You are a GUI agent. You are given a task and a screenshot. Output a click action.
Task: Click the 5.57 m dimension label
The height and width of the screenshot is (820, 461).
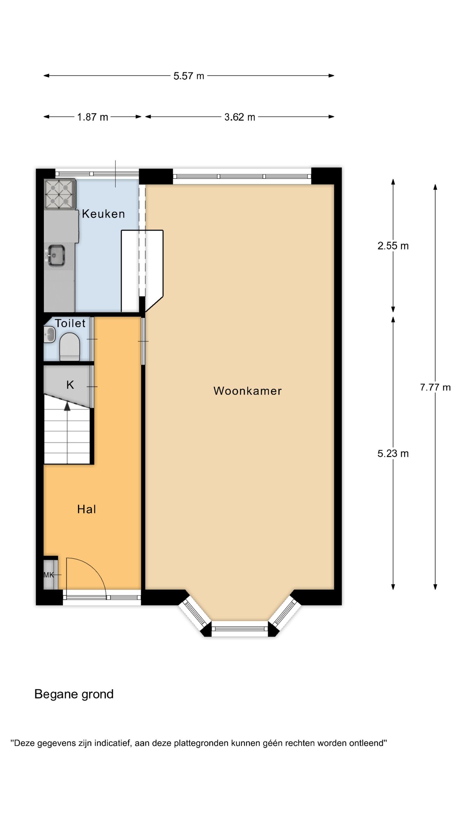click(189, 76)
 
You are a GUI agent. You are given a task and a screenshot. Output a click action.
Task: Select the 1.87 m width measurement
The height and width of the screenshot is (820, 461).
click(93, 117)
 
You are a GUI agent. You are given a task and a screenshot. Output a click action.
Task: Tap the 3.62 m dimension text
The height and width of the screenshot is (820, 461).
click(239, 117)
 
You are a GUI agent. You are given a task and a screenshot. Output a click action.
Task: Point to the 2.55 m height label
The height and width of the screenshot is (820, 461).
click(393, 246)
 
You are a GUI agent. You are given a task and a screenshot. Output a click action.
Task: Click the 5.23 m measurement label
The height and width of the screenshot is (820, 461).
click(393, 453)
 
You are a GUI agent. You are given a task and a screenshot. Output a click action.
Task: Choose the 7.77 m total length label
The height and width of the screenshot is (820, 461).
click(435, 387)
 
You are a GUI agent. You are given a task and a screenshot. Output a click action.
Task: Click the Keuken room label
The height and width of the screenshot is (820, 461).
click(103, 214)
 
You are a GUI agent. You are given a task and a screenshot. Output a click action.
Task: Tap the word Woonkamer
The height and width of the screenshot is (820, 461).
click(247, 390)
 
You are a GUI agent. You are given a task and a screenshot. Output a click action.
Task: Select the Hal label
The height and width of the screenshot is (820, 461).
click(86, 509)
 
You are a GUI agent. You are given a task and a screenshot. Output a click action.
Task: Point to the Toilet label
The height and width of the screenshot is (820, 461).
click(70, 323)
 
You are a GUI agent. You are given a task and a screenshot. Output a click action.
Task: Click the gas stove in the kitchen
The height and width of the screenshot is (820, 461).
click(60, 194)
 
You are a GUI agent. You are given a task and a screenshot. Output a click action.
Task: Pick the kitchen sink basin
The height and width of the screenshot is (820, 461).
click(57, 255)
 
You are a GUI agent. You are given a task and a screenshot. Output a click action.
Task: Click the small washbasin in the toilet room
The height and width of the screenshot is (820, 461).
click(49, 335)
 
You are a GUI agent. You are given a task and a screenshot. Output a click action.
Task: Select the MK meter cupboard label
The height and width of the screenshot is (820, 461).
click(49, 575)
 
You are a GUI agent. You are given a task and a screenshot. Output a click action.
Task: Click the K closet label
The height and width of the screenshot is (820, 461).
click(70, 385)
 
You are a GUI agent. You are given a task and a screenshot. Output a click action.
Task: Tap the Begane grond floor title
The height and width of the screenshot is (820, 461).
click(74, 694)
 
